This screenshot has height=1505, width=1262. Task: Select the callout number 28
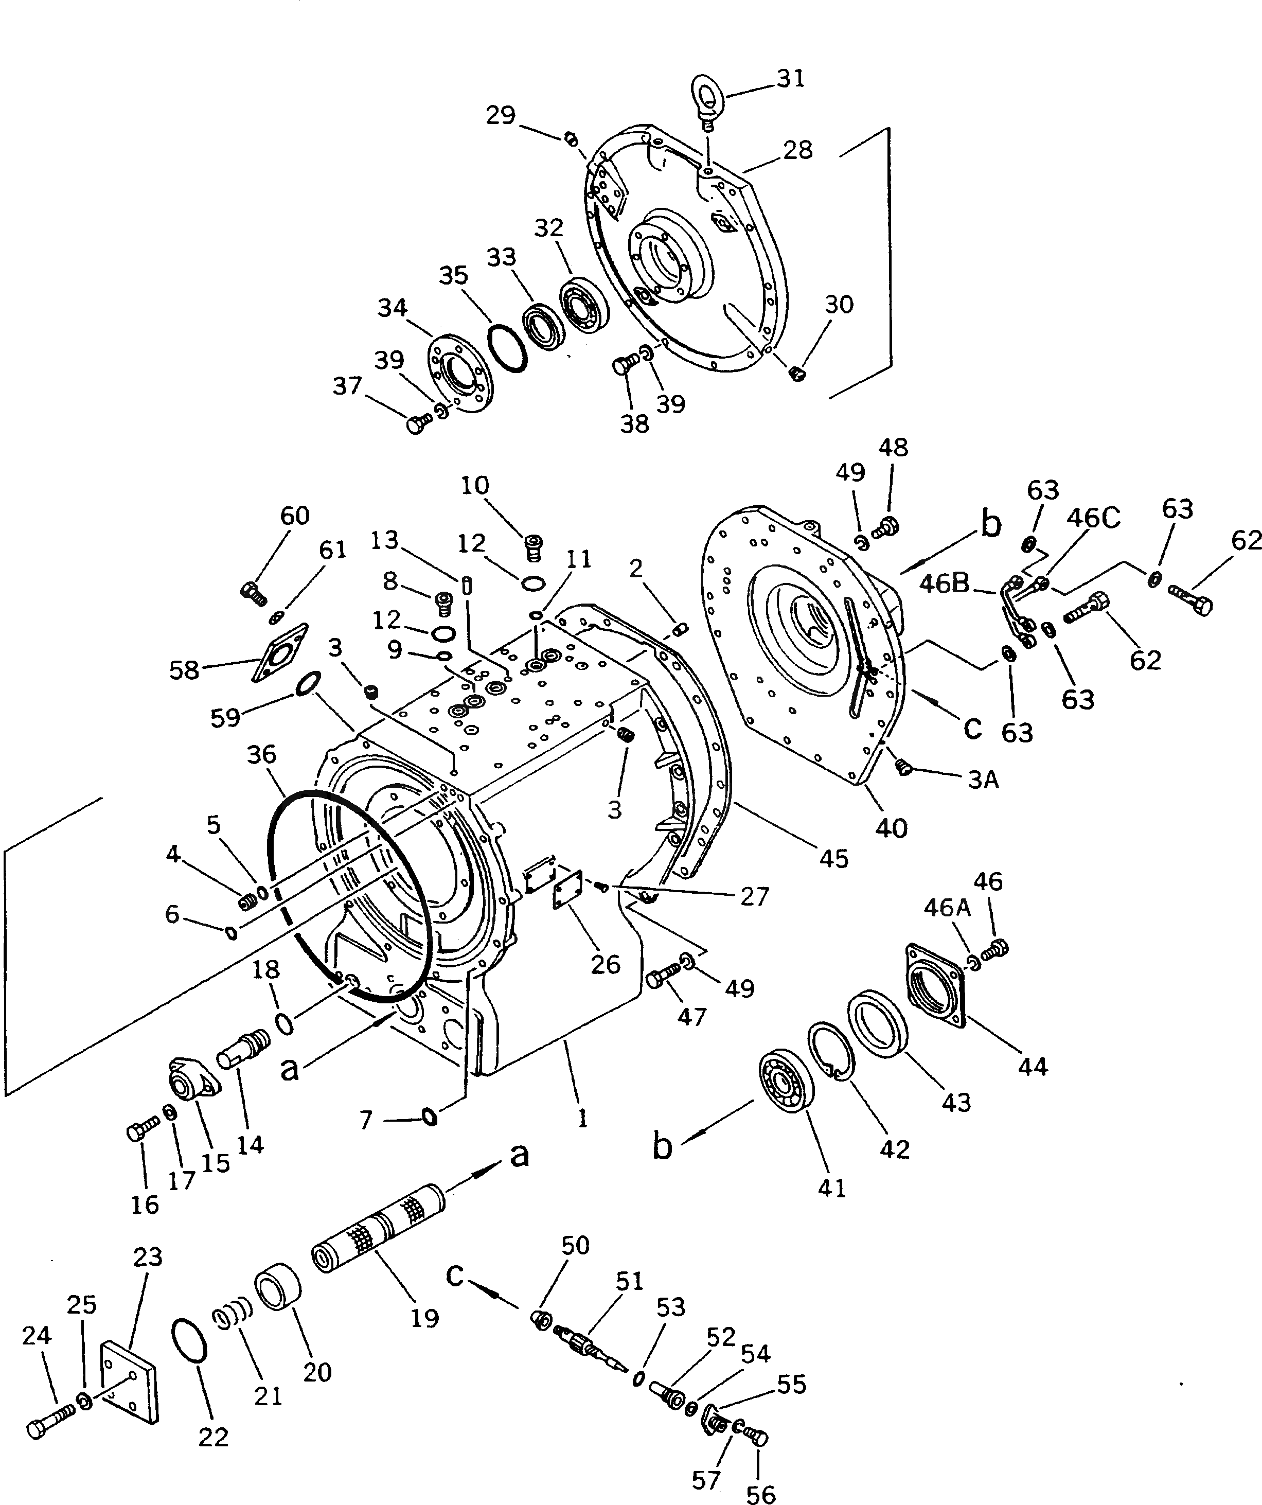point(797,150)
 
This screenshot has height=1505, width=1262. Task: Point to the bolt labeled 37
point(416,425)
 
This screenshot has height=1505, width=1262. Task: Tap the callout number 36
point(261,755)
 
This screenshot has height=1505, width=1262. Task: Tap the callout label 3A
point(983,780)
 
